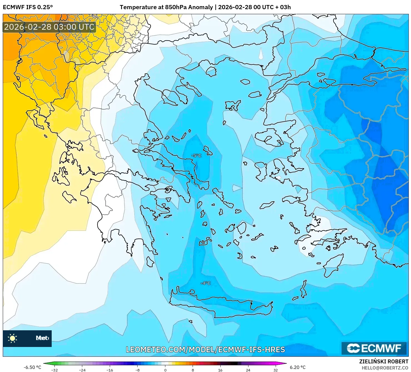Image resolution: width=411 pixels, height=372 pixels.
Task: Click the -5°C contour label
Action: point(196,155)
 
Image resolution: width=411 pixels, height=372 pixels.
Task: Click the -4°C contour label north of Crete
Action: point(206,283)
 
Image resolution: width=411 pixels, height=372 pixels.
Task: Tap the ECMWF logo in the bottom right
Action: point(374,348)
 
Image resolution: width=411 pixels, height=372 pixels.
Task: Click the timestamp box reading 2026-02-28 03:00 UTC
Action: point(49,27)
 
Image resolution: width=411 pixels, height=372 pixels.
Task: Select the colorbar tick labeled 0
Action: point(165,370)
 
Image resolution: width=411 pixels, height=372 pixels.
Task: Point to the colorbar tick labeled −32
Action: point(54,370)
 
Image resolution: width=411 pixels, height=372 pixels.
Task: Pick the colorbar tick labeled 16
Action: point(220,370)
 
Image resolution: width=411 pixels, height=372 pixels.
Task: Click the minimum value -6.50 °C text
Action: point(32,367)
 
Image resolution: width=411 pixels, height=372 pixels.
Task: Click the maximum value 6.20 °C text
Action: point(298,367)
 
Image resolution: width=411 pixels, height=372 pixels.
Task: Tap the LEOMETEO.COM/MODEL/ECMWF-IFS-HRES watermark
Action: point(205,349)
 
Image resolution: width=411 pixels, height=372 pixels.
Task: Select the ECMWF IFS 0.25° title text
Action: point(28,7)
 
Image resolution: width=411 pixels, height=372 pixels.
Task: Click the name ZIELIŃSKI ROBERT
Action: point(383,362)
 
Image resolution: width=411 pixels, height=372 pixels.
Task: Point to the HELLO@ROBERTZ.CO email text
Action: point(385,368)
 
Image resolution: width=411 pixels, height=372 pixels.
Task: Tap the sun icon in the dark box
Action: point(13,338)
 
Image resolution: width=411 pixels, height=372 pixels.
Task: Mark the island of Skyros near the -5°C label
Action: point(208,151)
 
